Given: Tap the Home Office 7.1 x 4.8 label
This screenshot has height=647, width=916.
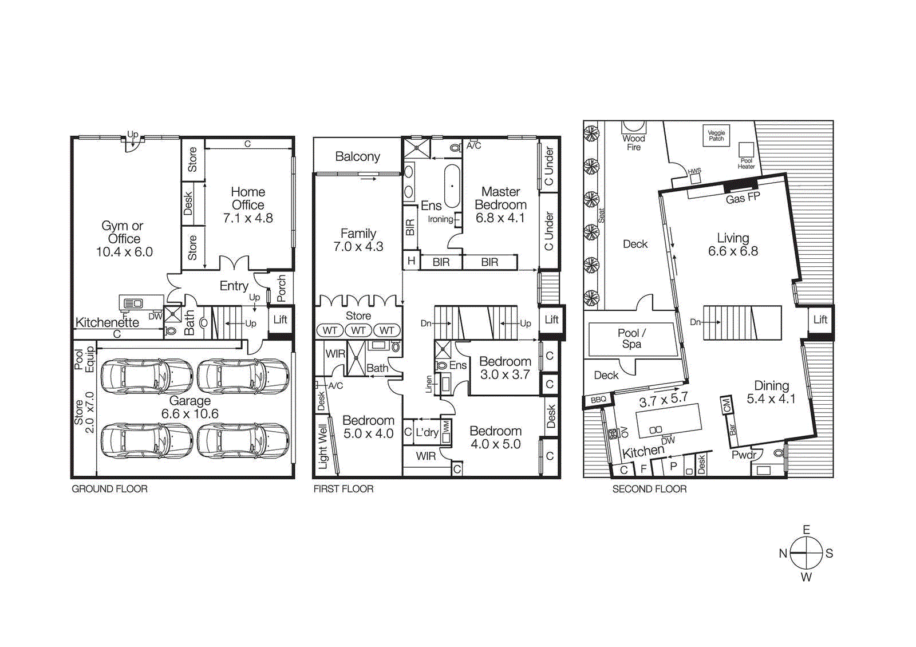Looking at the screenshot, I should click(248, 205).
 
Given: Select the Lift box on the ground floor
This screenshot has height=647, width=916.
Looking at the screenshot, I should click(280, 319).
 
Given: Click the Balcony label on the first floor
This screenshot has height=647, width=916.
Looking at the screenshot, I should click(357, 156).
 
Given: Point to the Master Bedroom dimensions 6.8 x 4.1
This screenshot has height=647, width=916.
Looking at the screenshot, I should click(500, 218).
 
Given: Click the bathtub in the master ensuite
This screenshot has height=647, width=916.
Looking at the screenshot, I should click(452, 186).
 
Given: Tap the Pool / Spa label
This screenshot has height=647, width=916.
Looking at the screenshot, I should click(631, 338).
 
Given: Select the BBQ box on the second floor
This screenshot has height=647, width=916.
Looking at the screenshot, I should click(598, 400).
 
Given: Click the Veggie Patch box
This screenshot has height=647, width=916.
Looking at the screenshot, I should click(716, 136).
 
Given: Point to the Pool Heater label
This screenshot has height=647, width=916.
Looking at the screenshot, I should click(746, 164).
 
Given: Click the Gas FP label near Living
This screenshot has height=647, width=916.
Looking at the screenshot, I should click(743, 198).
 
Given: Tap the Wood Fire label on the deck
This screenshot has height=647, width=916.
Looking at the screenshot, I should click(633, 143).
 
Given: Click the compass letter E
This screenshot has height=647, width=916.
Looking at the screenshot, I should click(806, 530).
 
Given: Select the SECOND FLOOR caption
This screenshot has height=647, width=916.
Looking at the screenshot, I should click(649, 489).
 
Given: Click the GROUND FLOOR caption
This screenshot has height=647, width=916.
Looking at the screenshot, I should click(109, 489).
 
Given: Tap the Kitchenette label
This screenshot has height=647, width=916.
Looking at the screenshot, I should click(107, 322).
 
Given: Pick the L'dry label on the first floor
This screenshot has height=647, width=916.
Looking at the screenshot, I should click(427, 432).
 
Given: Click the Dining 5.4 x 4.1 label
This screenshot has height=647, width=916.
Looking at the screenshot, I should click(771, 392).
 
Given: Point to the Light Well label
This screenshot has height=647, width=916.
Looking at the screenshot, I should click(323, 447).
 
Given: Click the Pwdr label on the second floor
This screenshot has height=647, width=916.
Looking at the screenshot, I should click(744, 455).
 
